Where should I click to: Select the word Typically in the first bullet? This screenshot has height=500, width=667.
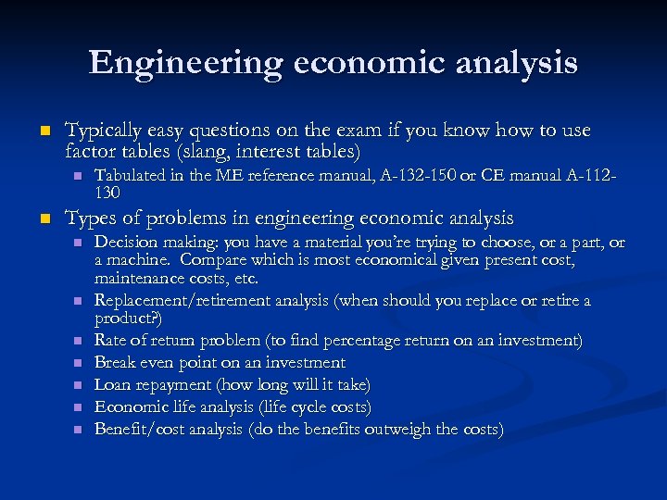(x=103, y=131)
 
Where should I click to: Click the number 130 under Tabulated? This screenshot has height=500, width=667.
(x=108, y=192)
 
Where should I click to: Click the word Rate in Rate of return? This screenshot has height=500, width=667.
(x=111, y=341)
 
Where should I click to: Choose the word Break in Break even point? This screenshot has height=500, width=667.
(x=116, y=362)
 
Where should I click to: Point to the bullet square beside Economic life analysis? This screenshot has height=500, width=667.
(x=78, y=407)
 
